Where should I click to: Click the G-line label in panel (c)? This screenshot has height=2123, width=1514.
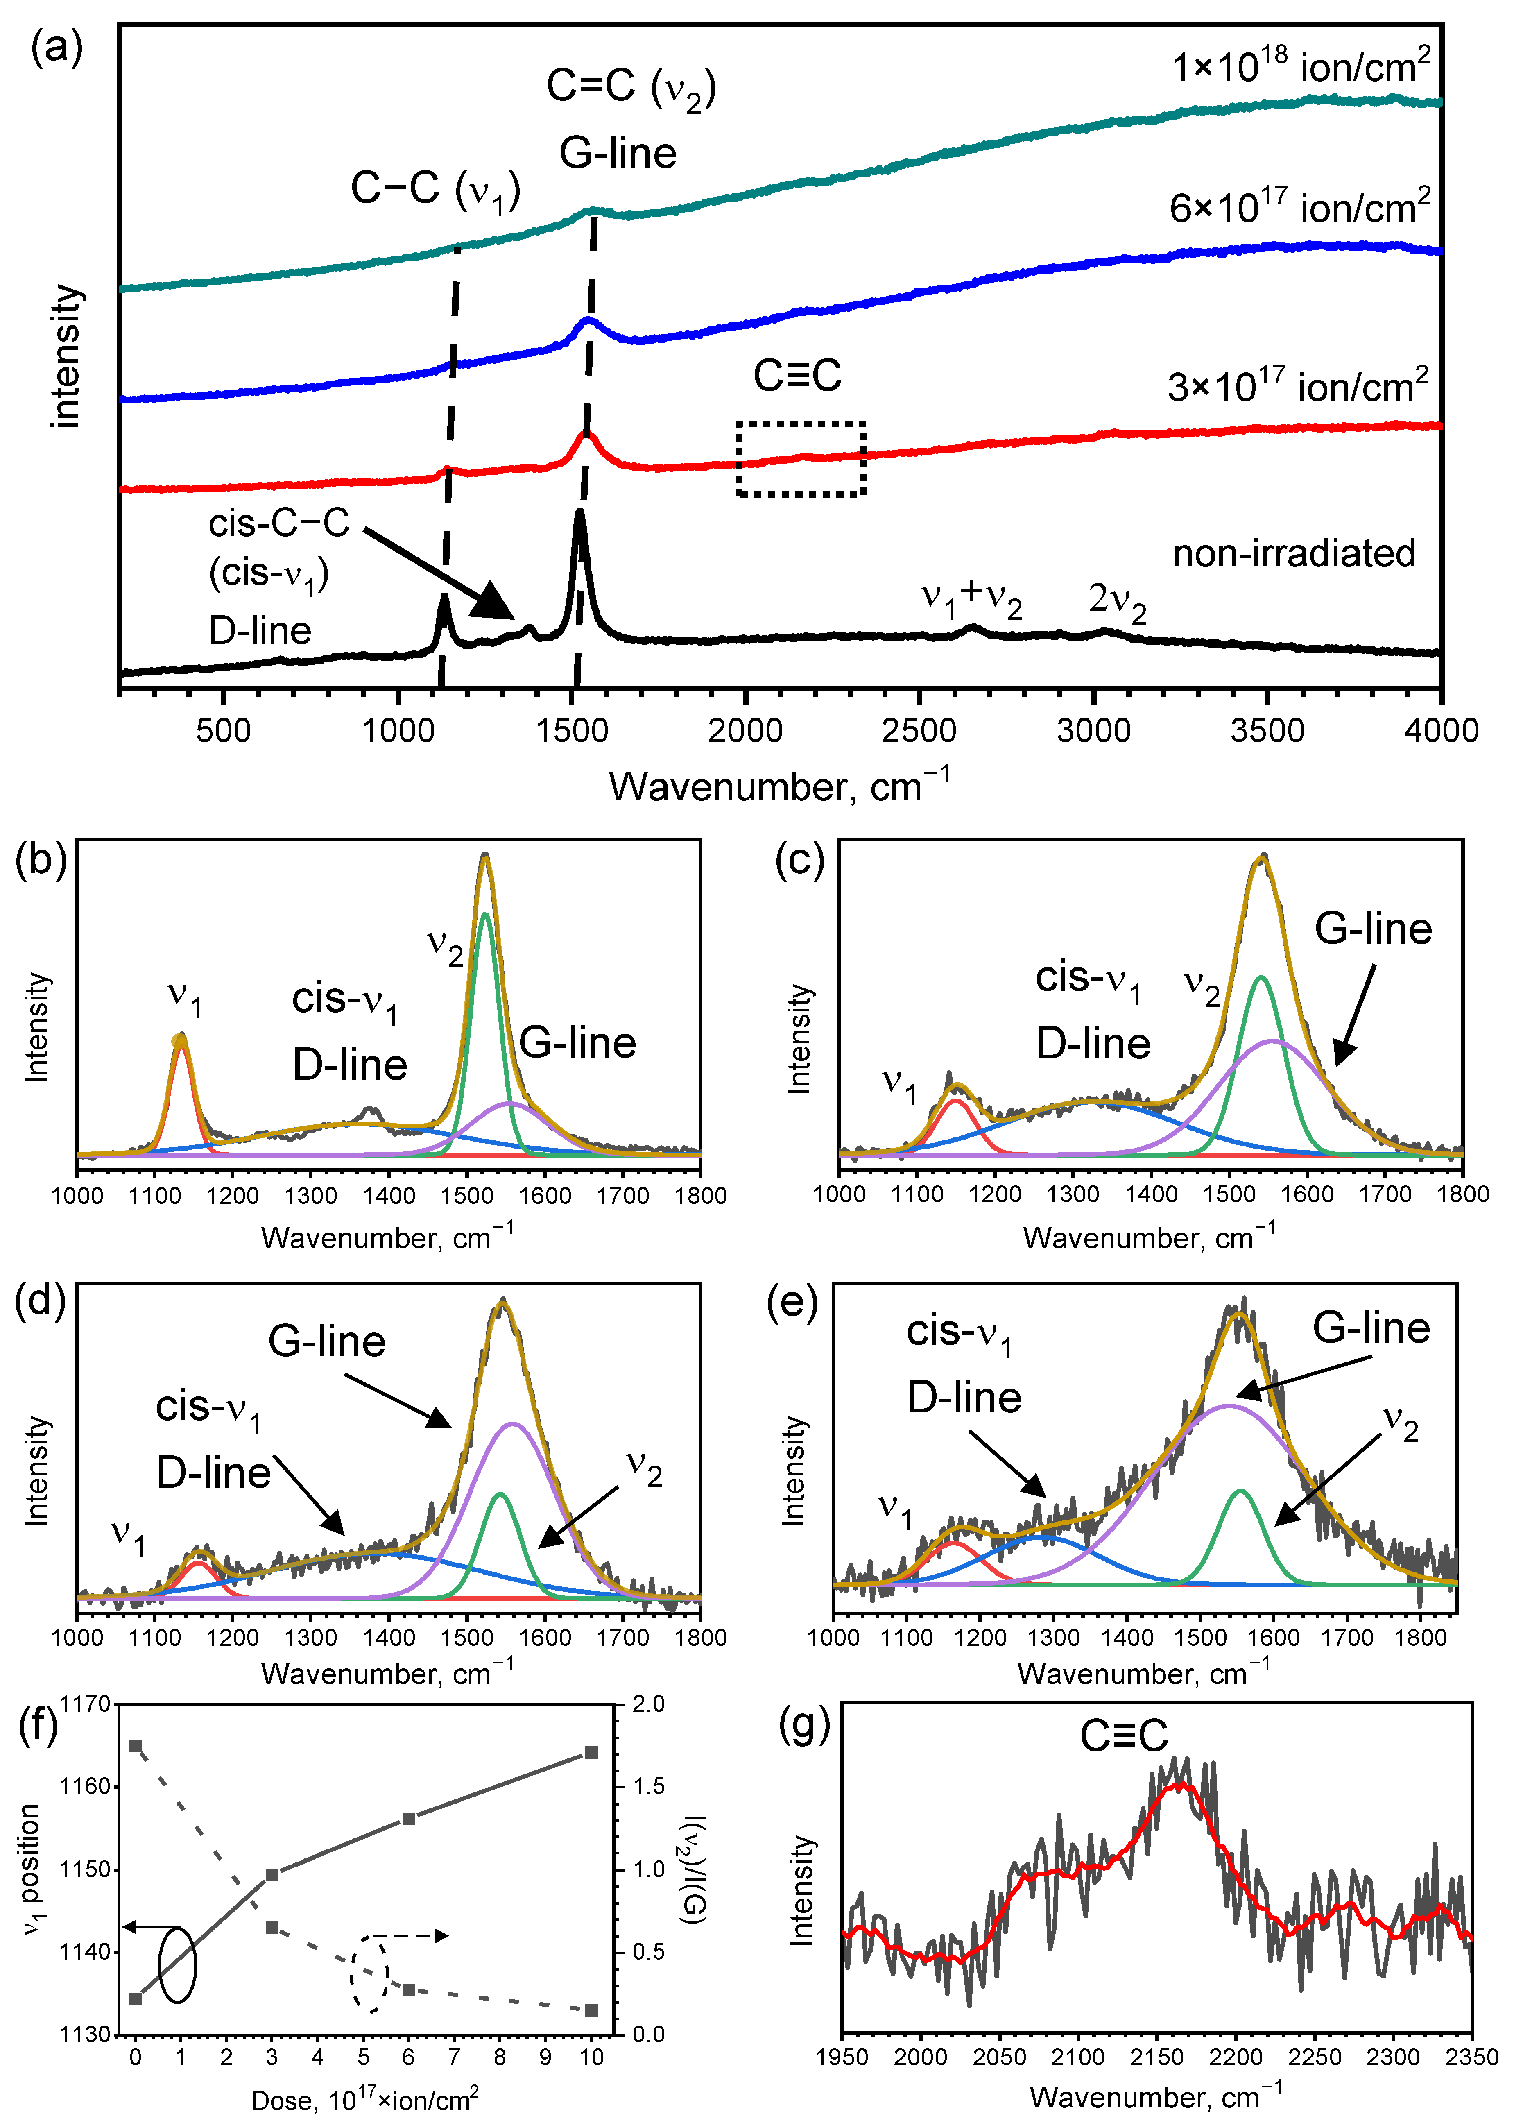pos(1372,929)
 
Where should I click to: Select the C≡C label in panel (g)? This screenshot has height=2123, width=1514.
pos(1123,1736)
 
